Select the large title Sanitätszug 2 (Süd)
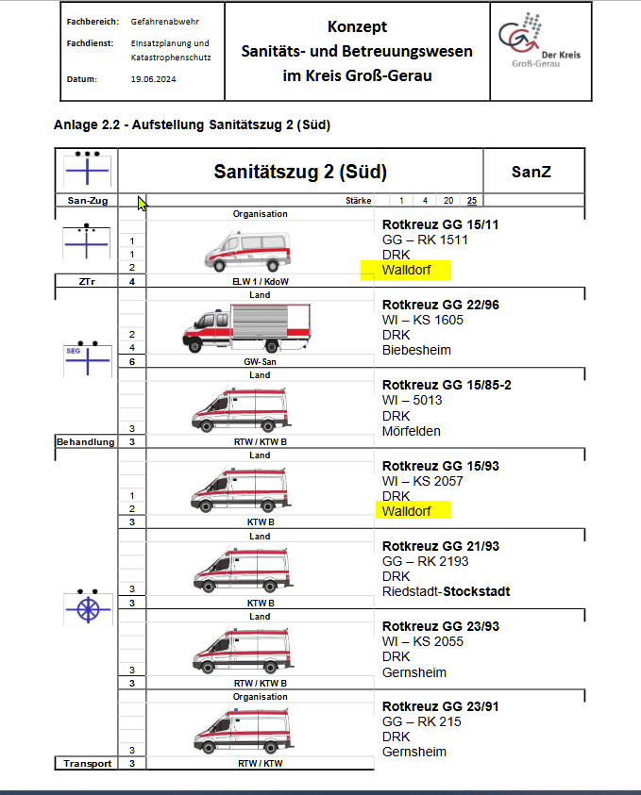300,172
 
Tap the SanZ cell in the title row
531,172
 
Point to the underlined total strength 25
471,200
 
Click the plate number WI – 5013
413,400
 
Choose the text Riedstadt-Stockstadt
446,592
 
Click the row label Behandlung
85,441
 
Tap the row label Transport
86,764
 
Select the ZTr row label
86,281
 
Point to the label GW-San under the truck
260,361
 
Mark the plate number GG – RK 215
421,721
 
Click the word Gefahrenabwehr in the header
164,21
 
